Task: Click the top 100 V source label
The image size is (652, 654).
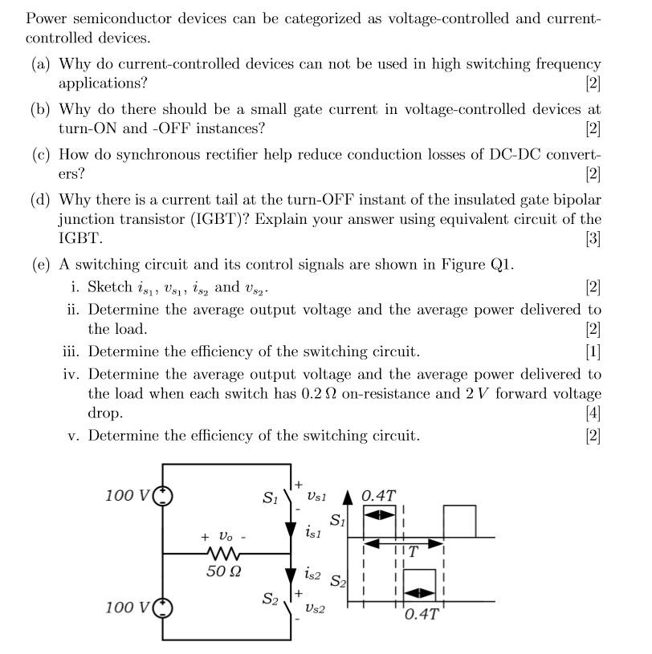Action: [x=127, y=495]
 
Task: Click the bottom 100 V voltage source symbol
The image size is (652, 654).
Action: [x=163, y=607]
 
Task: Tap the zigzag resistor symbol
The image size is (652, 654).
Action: [x=224, y=554]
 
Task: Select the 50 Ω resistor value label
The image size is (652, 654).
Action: [x=224, y=572]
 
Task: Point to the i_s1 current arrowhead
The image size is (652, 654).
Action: [x=290, y=530]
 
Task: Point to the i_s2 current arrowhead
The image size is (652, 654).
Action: [x=290, y=575]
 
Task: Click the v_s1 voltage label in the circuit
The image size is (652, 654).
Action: [x=317, y=498]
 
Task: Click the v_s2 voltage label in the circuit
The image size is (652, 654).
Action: [x=315, y=609]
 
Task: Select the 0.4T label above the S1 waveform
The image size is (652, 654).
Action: [x=378, y=496]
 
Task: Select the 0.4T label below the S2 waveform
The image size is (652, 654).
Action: [x=421, y=615]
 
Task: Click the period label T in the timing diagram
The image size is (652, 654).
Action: [x=413, y=552]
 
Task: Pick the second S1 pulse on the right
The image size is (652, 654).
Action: [x=459, y=521]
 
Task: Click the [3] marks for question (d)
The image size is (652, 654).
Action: [x=593, y=238]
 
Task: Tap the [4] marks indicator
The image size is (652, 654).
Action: [x=593, y=413]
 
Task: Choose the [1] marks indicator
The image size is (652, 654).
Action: [x=593, y=351]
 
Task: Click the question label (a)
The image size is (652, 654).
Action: [x=41, y=64]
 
